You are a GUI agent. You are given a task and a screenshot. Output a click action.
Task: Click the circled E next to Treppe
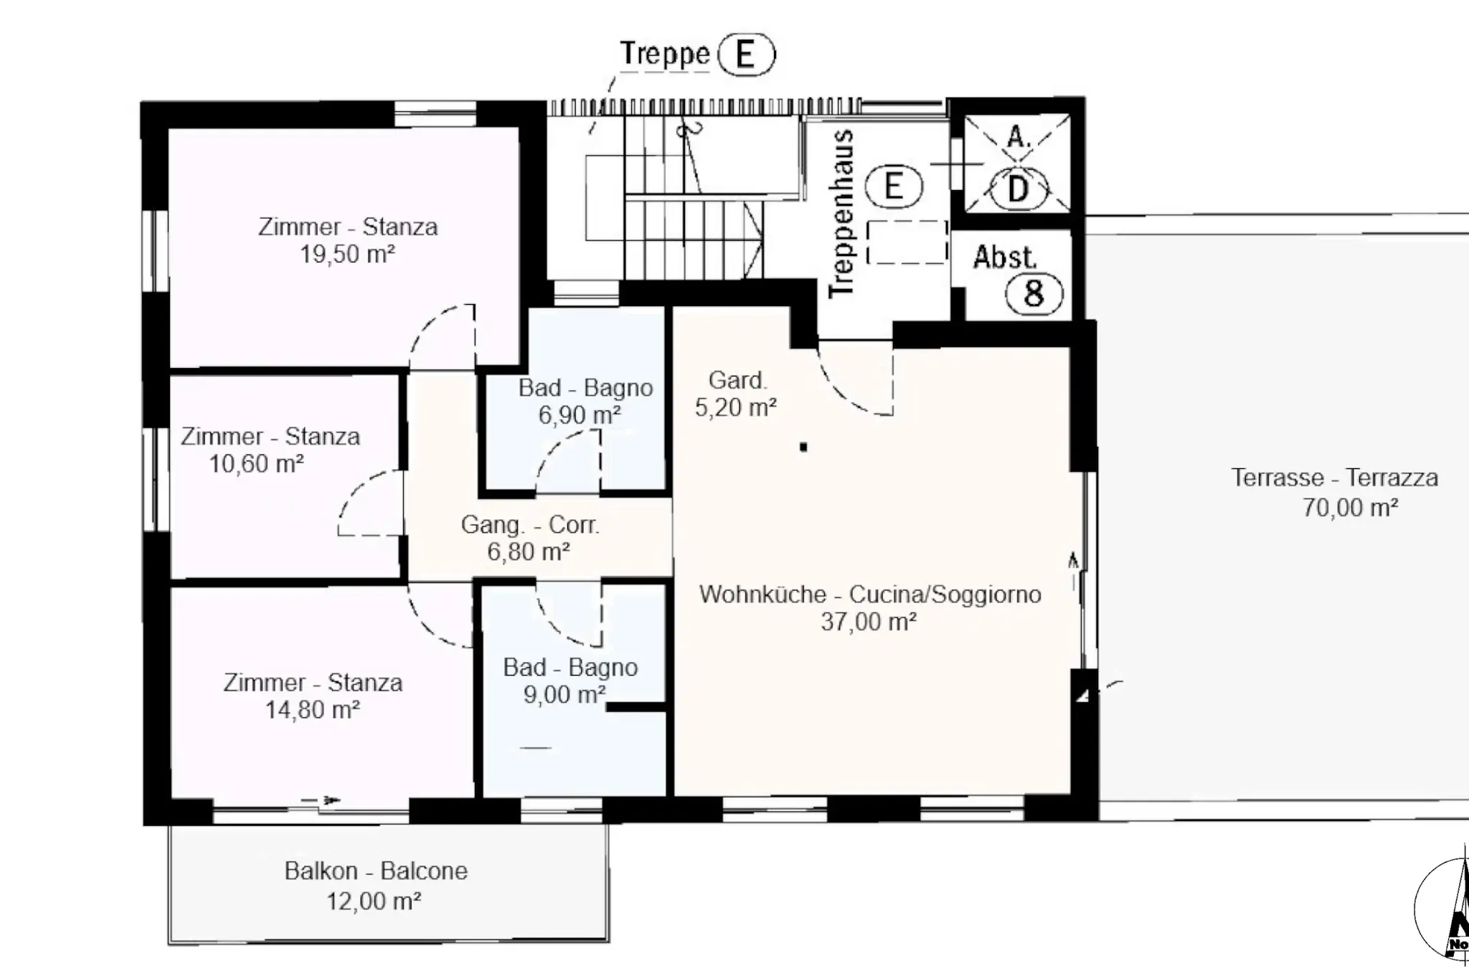pyautogui.click(x=746, y=55)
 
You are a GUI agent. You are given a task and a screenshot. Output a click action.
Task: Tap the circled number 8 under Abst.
pyautogui.click(x=1034, y=293)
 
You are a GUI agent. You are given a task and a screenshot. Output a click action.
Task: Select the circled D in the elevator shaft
pyautogui.click(x=1018, y=189)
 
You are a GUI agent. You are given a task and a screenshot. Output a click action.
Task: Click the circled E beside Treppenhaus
pyautogui.click(x=893, y=186)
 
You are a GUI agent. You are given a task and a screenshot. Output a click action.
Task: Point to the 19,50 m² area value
pyautogui.click(x=347, y=254)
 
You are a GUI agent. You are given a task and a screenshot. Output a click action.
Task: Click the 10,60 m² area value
pyautogui.click(x=256, y=463)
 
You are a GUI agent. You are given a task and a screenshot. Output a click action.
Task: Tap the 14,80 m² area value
pyautogui.click(x=313, y=709)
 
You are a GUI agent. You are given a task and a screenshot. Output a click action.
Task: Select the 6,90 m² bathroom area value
pyautogui.click(x=580, y=415)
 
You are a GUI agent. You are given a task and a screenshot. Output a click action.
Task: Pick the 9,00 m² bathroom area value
pyautogui.click(x=565, y=694)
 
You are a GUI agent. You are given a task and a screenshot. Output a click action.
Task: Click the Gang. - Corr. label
pyautogui.click(x=530, y=525)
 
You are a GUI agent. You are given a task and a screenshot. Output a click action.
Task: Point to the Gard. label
pyautogui.click(x=738, y=380)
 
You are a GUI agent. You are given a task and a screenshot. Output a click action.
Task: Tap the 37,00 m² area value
pyautogui.click(x=869, y=621)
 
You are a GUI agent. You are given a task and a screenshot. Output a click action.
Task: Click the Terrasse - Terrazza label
pyautogui.click(x=1335, y=478)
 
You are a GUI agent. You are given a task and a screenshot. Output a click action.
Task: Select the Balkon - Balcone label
pyautogui.click(x=376, y=871)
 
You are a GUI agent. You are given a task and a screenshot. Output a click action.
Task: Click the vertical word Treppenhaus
pyautogui.click(x=842, y=214)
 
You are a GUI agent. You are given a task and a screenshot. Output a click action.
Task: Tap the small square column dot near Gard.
pyautogui.click(x=803, y=447)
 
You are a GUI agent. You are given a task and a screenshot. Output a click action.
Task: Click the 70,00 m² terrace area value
pyautogui.click(x=1350, y=508)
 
